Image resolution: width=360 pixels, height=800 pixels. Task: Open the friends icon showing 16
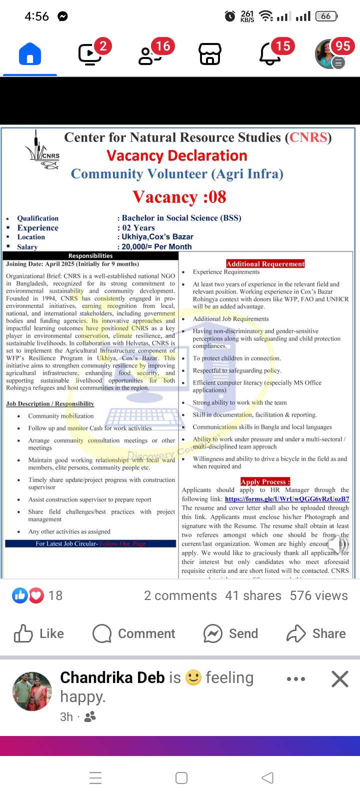pyautogui.click(x=150, y=54)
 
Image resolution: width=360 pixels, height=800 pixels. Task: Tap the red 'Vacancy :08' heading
pyautogui.click(x=179, y=197)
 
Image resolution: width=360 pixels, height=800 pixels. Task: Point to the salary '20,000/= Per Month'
pyautogui.click(x=156, y=246)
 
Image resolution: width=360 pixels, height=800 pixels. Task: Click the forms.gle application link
pyautogui.click(x=287, y=499)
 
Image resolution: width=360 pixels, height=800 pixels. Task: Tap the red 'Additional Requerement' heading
pyautogui.click(x=265, y=264)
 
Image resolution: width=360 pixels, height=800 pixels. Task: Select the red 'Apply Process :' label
pyautogui.click(x=265, y=482)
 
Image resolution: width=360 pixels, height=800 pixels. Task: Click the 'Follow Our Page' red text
pyautogui.click(x=122, y=543)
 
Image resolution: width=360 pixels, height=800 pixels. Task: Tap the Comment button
pyautogui.click(x=134, y=633)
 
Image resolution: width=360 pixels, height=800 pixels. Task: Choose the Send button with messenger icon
pyautogui.click(x=230, y=633)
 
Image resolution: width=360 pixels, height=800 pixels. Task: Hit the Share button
pyautogui.click(x=316, y=633)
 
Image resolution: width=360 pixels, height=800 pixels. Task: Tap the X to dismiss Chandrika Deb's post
pyautogui.click(x=339, y=679)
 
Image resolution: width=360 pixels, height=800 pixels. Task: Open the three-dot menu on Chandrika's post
pyautogui.click(x=296, y=679)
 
